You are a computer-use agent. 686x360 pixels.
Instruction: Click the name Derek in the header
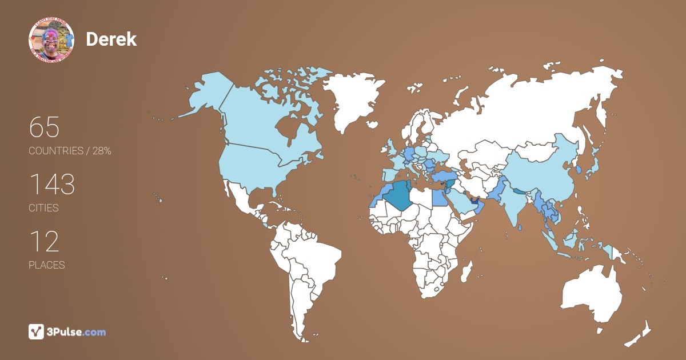click(111, 39)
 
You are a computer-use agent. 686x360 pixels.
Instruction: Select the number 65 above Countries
click(44, 127)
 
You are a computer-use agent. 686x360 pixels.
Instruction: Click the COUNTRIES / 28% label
click(70, 151)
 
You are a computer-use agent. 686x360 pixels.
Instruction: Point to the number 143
click(51, 185)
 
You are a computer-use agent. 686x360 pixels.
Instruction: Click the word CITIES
click(43, 208)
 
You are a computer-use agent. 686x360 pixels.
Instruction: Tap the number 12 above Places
click(44, 242)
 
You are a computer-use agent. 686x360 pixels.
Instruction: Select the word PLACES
click(46, 265)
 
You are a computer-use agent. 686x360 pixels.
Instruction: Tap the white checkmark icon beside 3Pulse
click(37, 331)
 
